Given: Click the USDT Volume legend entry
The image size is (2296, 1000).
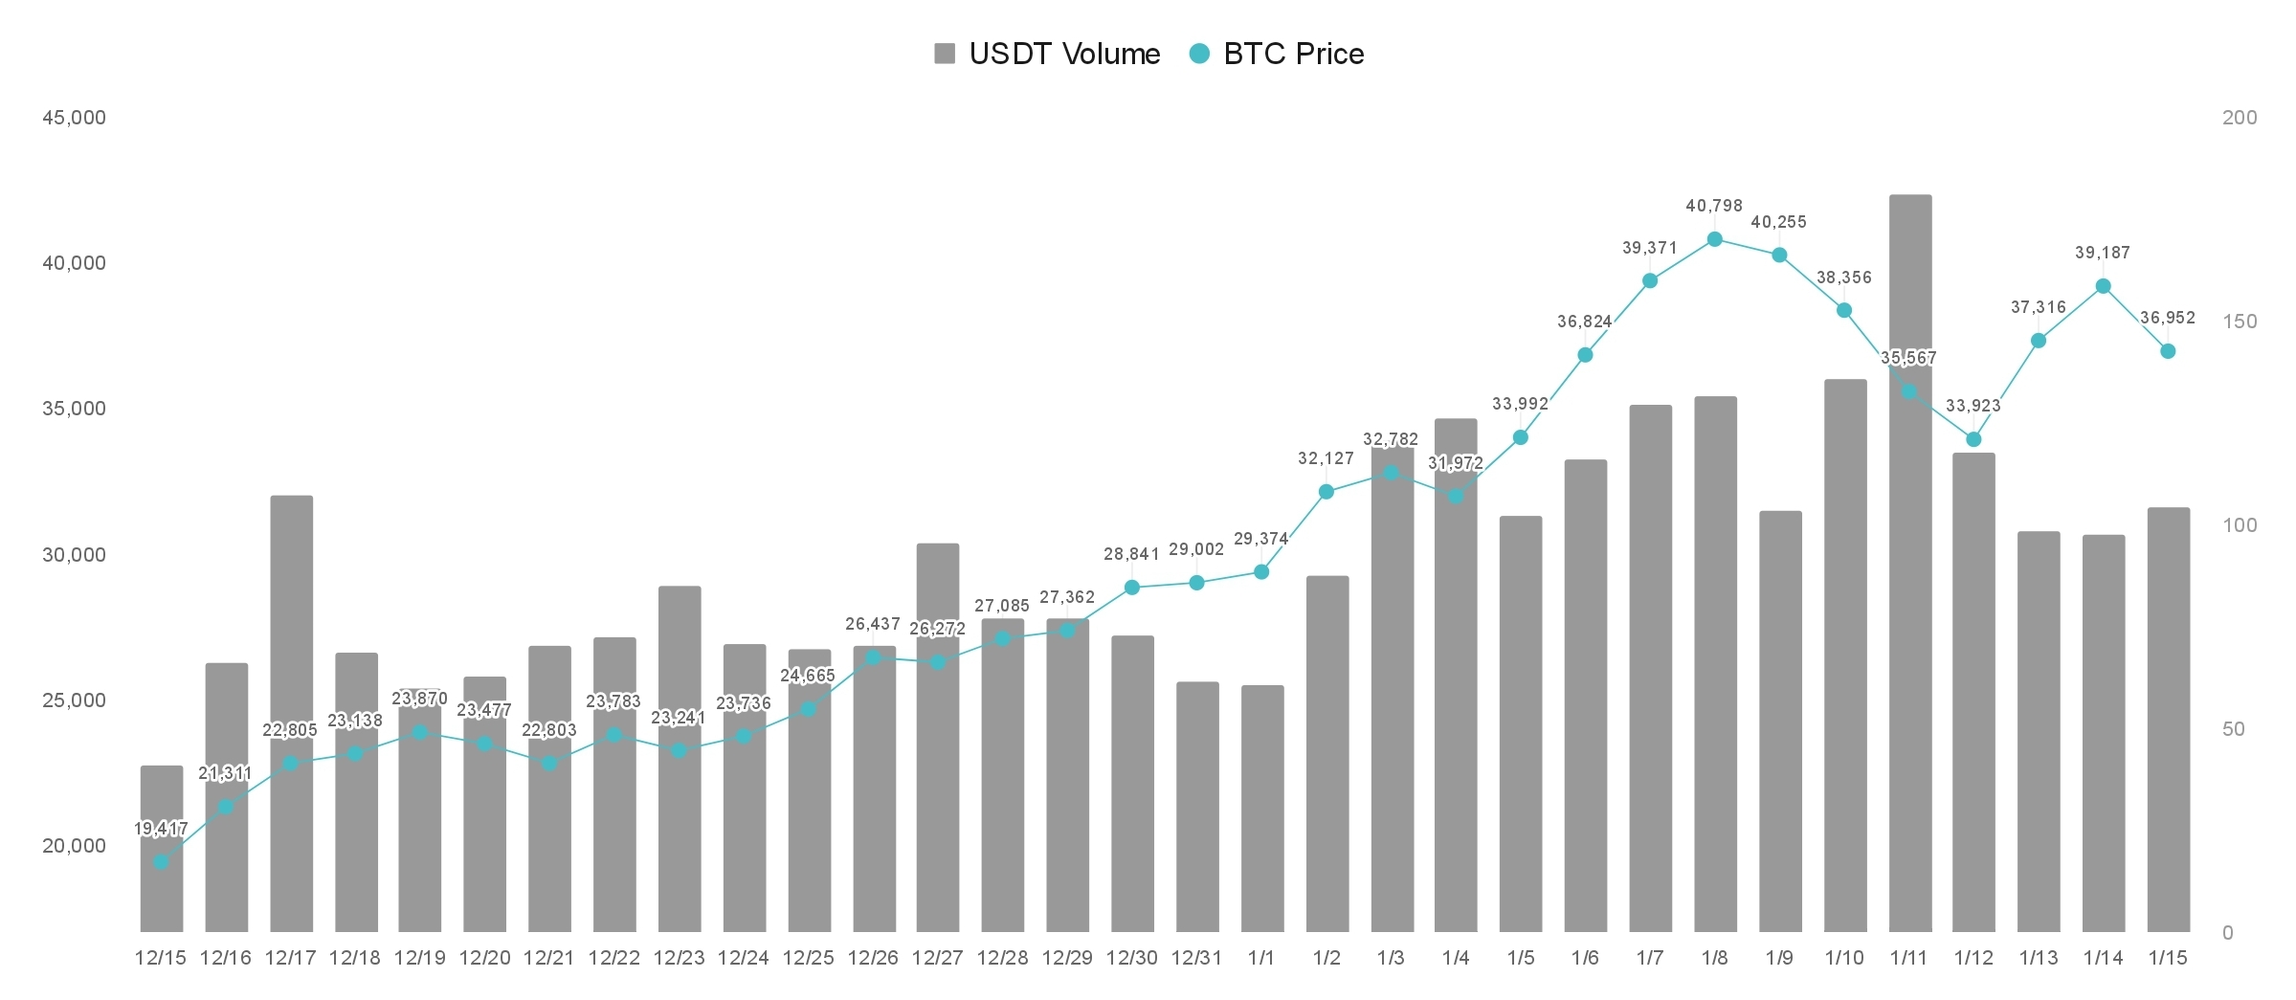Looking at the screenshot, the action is (1047, 54).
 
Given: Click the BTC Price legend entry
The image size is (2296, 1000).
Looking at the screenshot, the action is (1277, 54).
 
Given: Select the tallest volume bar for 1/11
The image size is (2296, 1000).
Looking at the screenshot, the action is (1910, 564).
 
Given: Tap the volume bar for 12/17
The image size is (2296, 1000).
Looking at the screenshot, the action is (291, 714).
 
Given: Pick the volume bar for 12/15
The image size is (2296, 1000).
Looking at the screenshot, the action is (162, 849).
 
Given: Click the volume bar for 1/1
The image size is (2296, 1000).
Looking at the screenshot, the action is (1262, 809).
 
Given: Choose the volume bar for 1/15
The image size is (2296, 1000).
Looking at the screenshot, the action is (2169, 720).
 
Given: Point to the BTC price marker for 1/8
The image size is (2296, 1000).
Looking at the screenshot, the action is (1715, 239).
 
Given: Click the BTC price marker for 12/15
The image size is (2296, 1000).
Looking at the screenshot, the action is (161, 862).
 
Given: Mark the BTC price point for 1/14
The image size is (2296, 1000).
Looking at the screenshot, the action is (2104, 286).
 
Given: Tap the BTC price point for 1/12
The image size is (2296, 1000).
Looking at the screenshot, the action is (1973, 439).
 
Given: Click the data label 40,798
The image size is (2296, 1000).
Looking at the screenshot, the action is (1714, 206).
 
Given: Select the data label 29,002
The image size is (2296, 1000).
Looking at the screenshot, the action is (1196, 549).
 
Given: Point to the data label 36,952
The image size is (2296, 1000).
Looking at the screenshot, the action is (2168, 318).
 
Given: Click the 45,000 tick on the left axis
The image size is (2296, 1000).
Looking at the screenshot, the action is (74, 118).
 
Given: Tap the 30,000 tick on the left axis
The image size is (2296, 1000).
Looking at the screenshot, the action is (74, 555).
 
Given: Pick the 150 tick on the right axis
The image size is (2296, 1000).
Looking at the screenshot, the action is (2240, 322).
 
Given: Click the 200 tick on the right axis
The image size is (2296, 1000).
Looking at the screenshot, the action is (2240, 118).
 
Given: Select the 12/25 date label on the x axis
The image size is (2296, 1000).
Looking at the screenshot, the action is (809, 958).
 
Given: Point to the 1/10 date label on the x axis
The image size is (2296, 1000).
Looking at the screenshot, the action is (1844, 958).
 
